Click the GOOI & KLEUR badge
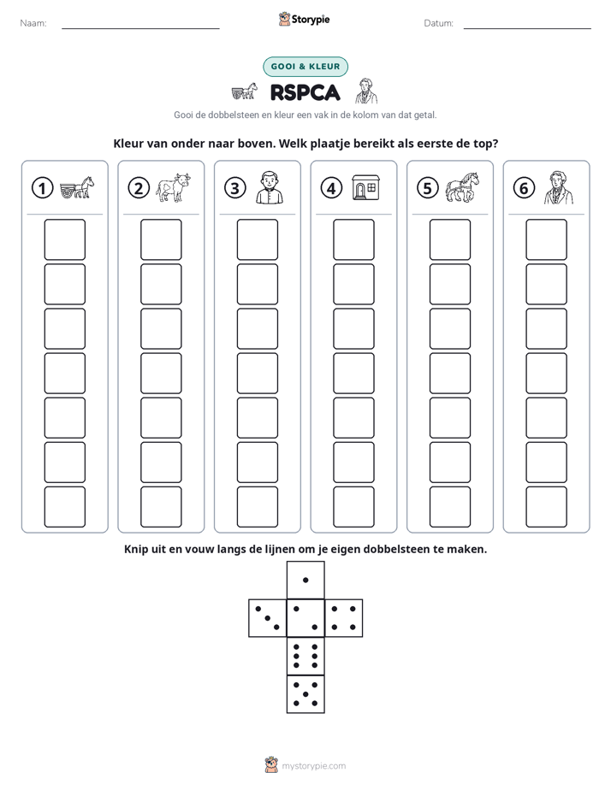[x=305, y=67]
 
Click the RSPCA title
[x=305, y=92]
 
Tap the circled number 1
[x=42, y=188]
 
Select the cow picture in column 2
[x=173, y=187]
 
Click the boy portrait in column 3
[x=270, y=187]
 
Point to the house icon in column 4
[x=365, y=187]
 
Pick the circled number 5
[x=428, y=188]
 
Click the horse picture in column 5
[x=462, y=187]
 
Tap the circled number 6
[x=524, y=188]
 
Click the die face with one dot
[x=305, y=581]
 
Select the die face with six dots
[x=305, y=656]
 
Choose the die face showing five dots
[x=305, y=694]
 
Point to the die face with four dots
[x=344, y=618]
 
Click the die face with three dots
[x=268, y=618]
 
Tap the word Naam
[x=33, y=23]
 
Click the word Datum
[x=439, y=23]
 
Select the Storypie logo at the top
[x=304, y=19]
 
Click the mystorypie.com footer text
[x=313, y=766]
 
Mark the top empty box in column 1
[x=65, y=239]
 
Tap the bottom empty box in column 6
[x=547, y=507]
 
